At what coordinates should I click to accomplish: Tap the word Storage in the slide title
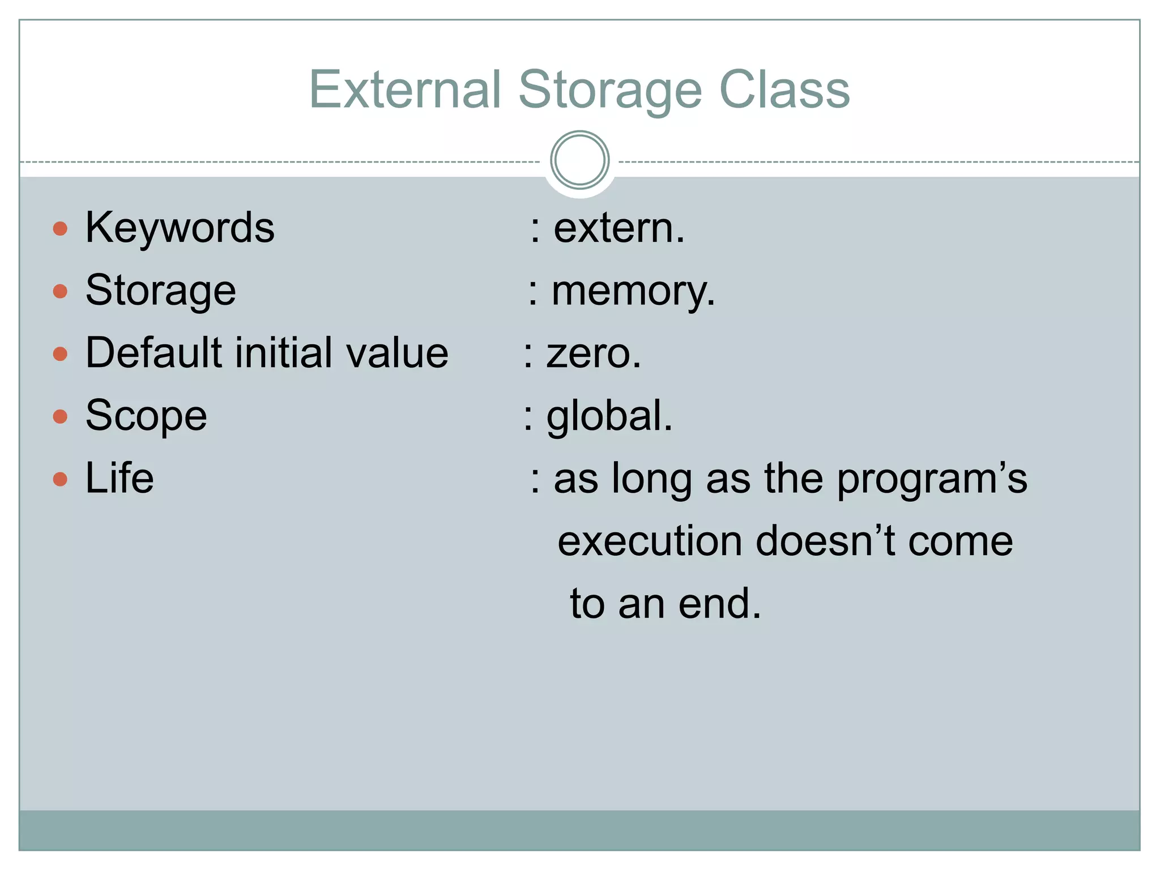pos(610,91)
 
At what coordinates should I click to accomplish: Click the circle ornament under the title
pos(579,160)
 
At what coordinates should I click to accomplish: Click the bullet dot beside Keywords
pos(60,229)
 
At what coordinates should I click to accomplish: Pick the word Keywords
pos(180,228)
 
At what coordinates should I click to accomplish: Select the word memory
pos(633,292)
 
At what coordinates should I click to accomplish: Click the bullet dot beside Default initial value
pos(60,355)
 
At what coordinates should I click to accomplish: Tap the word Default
pos(153,353)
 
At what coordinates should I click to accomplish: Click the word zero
pos(593,354)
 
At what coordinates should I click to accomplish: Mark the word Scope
pos(146,416)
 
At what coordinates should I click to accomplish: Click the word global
pos(608,416)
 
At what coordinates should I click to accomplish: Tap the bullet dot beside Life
pos(60,480)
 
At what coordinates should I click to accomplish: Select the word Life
pos(120,479)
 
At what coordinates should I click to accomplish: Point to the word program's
pos(932,480)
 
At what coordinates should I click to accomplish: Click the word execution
pos(649,542)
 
